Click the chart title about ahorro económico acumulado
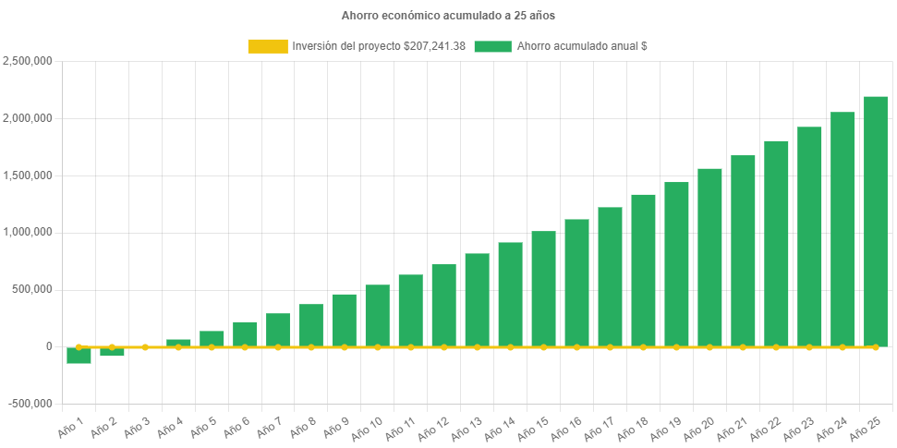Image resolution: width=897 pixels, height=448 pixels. pyautogui.click(x=448, y=16)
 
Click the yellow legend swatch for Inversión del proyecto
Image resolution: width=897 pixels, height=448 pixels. pyautogui.click(x=267, y=46)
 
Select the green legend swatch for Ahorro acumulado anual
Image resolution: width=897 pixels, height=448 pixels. pyautogui.click(x=492, y=46)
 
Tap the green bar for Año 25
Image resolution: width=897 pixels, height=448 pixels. pyautogui.click(x=875, y=222)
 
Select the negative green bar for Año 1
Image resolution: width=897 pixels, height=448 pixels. pyautogui.click(x=79, y=356)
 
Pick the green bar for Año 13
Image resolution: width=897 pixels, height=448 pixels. pyautogui.click(x=477, y=299)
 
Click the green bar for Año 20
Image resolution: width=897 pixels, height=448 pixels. pyautogui.click(x=709, y=257)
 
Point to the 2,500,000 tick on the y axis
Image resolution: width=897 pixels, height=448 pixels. pyautogui.click(x=28, y=61)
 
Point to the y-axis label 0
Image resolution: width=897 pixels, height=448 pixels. pyautogui.click(x=48, y=346)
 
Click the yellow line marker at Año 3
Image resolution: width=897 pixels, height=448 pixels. pyautogui.click(x=145, y=347)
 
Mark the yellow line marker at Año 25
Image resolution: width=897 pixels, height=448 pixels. pyautogui.click(x=875, y=347)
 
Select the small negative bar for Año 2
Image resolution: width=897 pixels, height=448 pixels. pyautogui.click(x=112, y=352)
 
